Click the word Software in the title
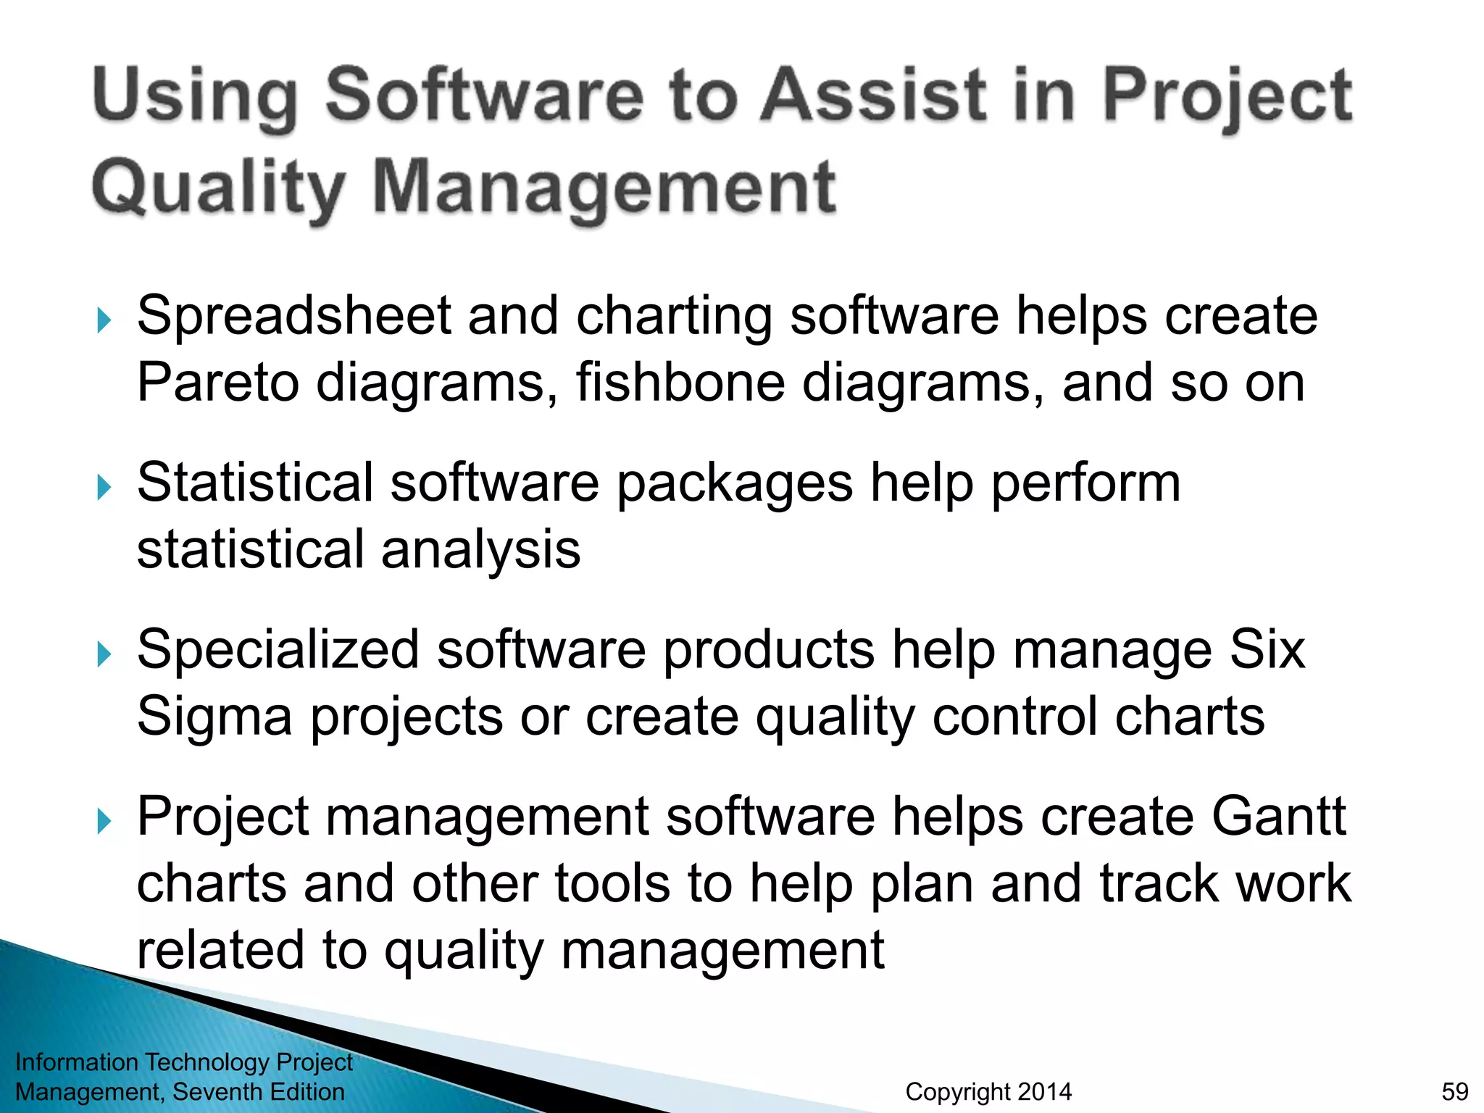click(484, 95)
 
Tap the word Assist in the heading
click(872, 95)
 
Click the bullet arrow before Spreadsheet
click(104, 320)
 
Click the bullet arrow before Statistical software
click(104, 487)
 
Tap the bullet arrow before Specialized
click(104, 654)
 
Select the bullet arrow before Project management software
click(104, 821)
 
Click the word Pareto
click(217, 383)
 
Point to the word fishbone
click(680, 383)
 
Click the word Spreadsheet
click(293, 317)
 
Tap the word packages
click(734, 484)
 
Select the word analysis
click(480, 550)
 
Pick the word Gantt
click(1278, 817)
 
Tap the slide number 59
click(1454, 1091)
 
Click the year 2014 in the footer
click(1044, 1091)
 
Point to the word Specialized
click(278, 650)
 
